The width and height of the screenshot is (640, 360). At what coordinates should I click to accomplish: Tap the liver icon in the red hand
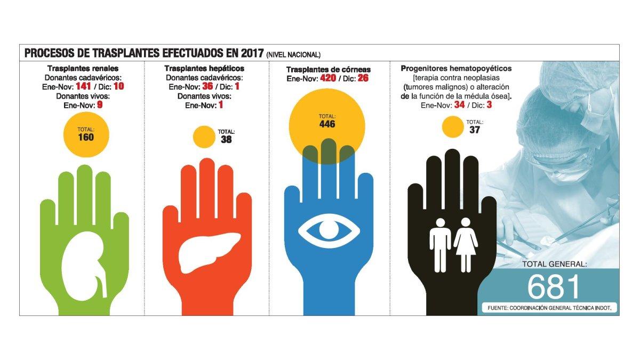point(206,251)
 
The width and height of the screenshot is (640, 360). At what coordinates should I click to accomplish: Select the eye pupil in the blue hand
point(329,231)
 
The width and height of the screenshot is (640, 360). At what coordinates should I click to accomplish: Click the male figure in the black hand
point(440,243)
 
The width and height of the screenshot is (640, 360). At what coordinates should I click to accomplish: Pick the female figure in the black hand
point(465,243)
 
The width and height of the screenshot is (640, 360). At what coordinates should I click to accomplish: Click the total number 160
point(85,138)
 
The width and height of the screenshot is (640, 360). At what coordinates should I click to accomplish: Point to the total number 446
point(327,125)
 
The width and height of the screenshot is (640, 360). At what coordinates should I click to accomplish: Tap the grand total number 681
point(553,287)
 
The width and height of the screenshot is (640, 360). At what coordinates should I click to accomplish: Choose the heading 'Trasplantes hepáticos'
point(204,69)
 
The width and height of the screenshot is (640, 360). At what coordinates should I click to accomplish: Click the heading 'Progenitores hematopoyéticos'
point(456,69)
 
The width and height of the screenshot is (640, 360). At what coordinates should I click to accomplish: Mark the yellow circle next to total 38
point(203,137)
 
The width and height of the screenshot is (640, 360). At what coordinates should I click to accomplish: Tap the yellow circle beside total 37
point(452,127)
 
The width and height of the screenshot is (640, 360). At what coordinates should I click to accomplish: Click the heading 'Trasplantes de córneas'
point(328,70)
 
